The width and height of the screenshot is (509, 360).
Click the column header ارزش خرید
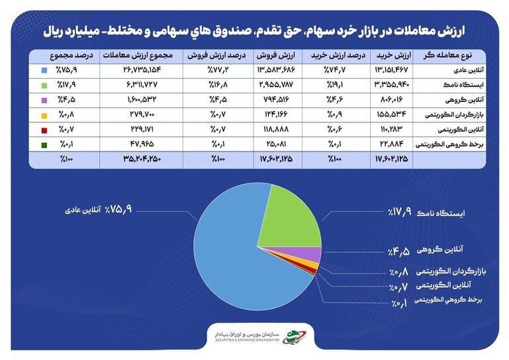(x=394, y=56)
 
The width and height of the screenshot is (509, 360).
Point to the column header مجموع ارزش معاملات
(x=138, y=56)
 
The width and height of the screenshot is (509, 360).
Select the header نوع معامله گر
(x=447, y=56)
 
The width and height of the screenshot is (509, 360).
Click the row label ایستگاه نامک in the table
(x=463, y=85)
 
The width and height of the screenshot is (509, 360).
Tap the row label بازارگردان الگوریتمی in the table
(x=455, y=115)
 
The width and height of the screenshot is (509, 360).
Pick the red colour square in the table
(x=44, y=130)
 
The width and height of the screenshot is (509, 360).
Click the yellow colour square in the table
(x=44, y=116)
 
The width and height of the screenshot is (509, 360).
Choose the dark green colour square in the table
(x=44, y=145)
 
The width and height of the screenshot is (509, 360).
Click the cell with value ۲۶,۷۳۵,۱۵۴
(x=142, y=69)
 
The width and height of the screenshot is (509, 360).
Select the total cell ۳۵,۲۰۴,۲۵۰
(x=142, y=159)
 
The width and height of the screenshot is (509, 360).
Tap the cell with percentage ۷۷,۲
(x=218, y=69)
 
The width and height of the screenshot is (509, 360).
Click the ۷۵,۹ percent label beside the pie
(x=118, y=209)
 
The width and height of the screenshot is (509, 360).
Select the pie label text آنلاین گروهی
(x=440, y=249)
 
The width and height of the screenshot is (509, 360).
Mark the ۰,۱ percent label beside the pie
(x=399, y=304)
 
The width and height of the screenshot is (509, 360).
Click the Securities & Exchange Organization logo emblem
(x=294, y=337)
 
